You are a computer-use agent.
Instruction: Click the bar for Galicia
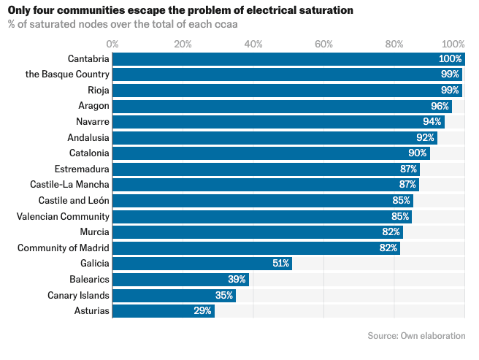tap(202, 264)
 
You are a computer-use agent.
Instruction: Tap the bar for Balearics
tap(180, 280)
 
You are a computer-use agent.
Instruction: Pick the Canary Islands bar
tap(174, 295)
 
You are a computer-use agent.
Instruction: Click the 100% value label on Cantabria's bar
tap(451, 58)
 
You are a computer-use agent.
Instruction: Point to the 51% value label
tap(281, 264)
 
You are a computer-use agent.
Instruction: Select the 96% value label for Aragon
tap(440, 106)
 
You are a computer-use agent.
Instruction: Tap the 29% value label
tap(203, 311)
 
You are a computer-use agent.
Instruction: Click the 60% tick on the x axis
tap(323, 44)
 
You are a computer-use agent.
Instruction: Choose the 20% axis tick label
tap(183, 44)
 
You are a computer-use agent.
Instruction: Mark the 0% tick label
tap(112, 44)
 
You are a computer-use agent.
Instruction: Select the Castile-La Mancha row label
tap(69, 185)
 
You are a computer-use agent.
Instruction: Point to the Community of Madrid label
tap(64, 248)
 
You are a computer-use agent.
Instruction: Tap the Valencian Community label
tap(64, 217)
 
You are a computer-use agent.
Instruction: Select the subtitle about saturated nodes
tap(123, 24)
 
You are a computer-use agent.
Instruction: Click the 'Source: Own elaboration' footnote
tap(416, 336)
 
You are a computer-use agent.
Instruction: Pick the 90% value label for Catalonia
tap(418, 153)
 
